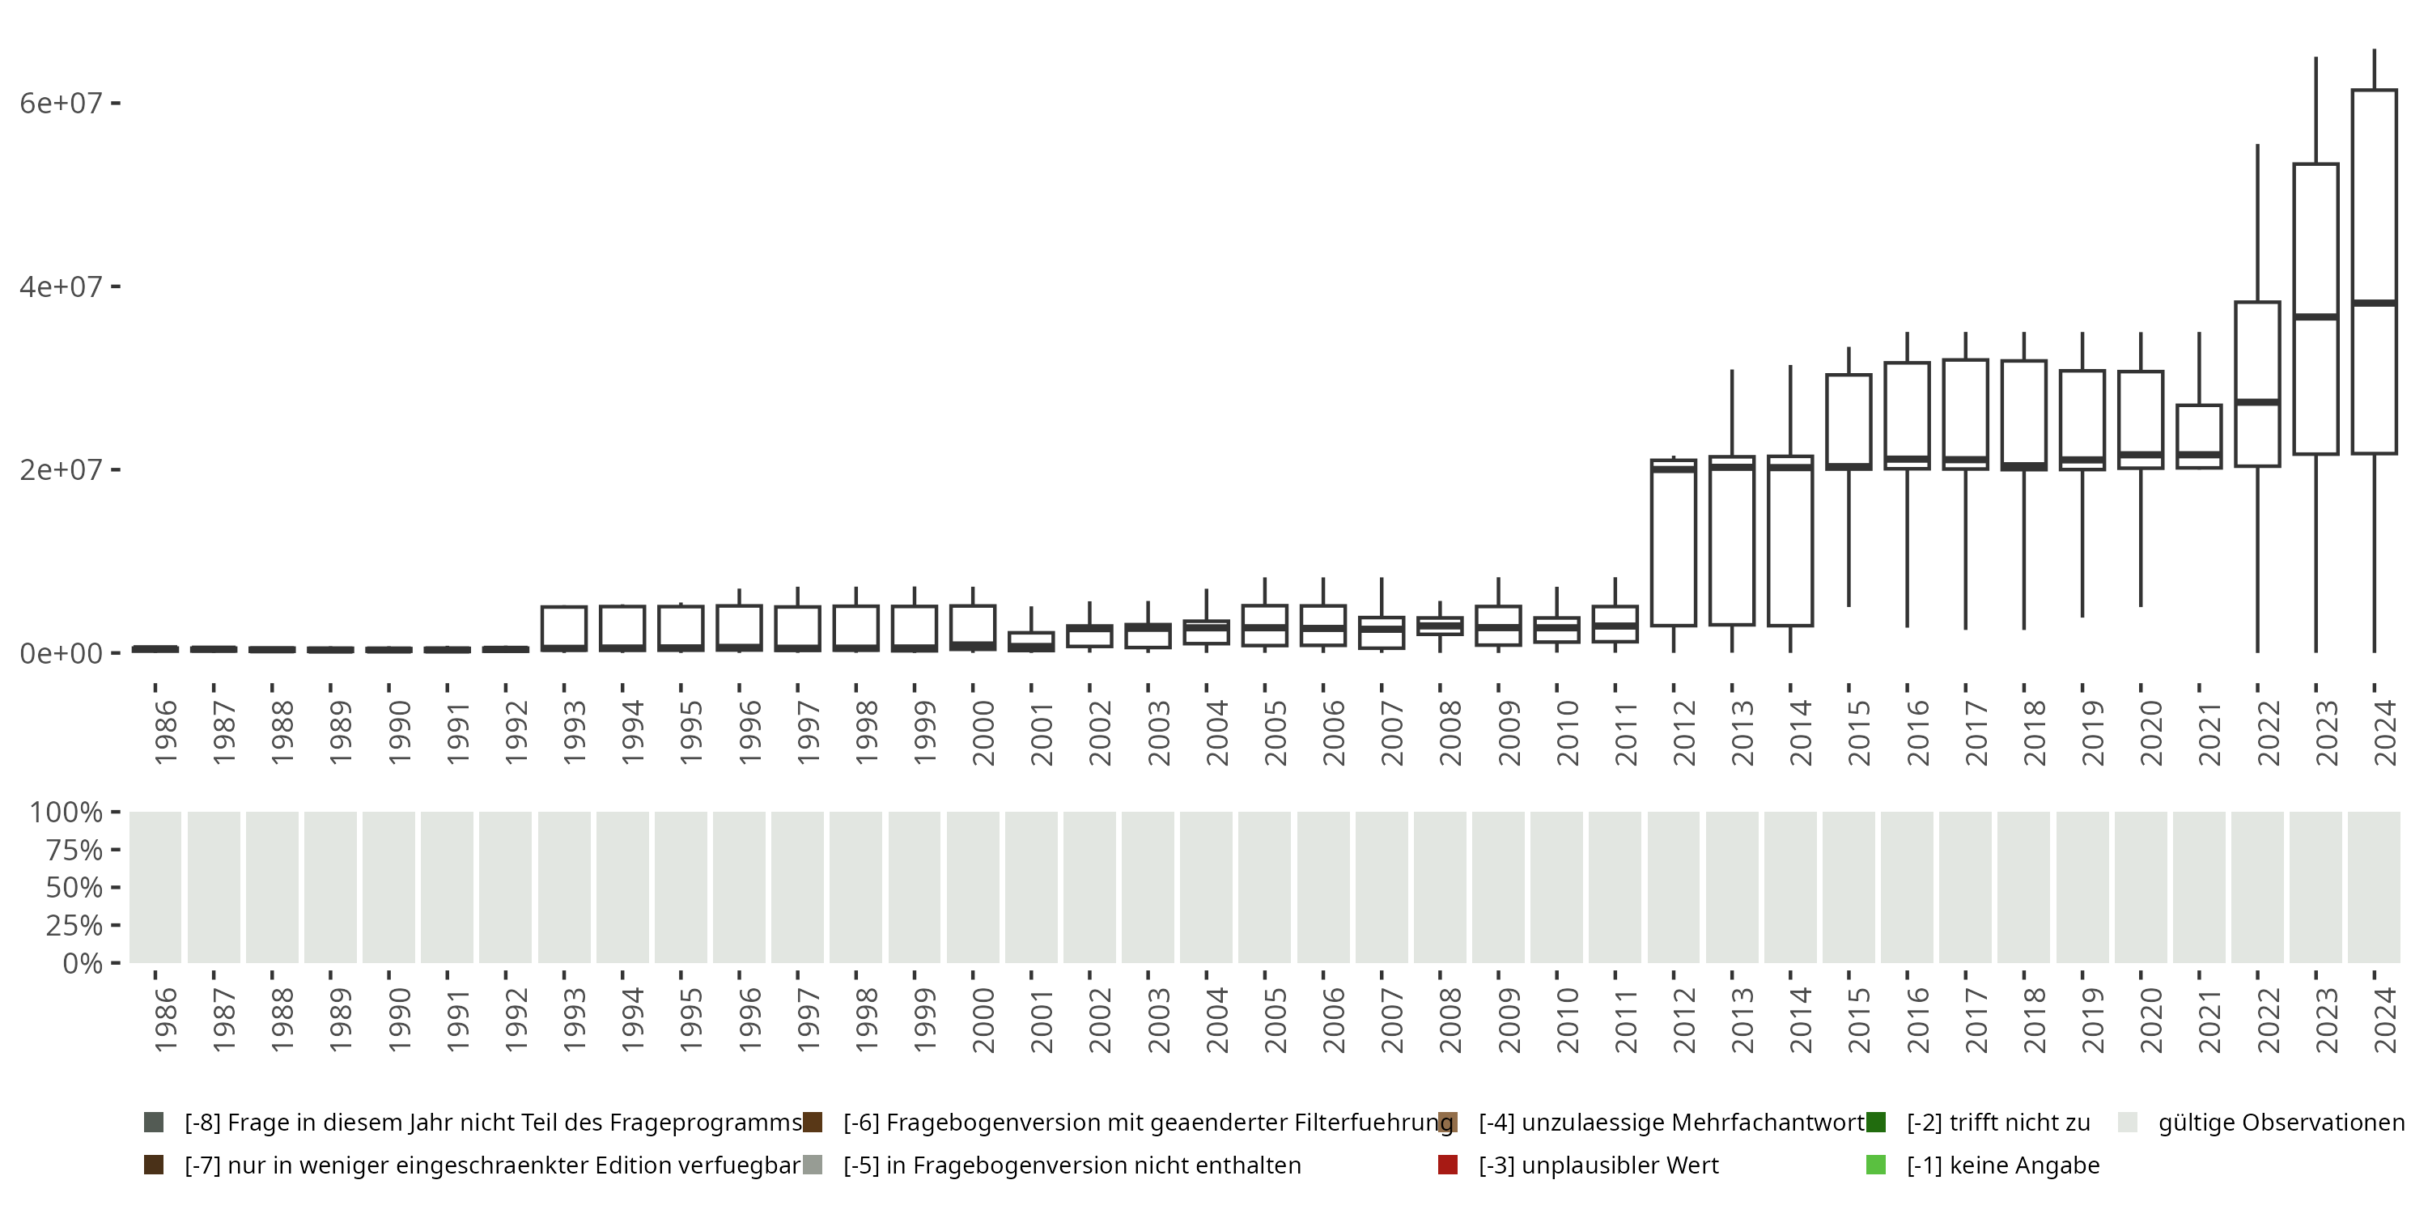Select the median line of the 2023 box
tap(2316, 316)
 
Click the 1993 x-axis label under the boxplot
tap(574, 732)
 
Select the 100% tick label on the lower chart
tap(66, 813)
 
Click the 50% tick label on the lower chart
tap(73, 888)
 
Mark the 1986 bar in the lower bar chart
tap(155, 887)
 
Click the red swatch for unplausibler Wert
tap(1448, 1165)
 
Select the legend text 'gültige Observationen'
tap(2281, 1123)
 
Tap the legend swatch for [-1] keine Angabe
tap(1876, 1165)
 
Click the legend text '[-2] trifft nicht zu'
tap(1998, 1123)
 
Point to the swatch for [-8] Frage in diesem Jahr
tap(154, 1123)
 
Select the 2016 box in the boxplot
tap(1907, 414)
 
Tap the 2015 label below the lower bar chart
tap(1857, 1020)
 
